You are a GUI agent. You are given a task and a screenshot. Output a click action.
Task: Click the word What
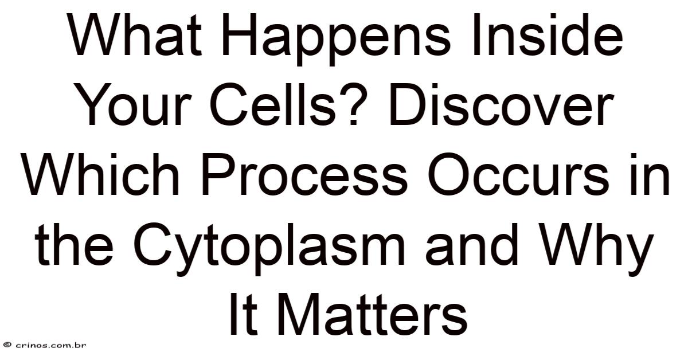coord(135,36)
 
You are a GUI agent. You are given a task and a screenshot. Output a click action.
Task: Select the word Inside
coord(548,36)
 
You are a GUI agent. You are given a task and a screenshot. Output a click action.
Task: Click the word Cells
coord(272,105)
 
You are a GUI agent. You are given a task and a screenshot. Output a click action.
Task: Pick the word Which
coord(101,174)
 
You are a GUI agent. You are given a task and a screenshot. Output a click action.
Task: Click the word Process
coord(304,174)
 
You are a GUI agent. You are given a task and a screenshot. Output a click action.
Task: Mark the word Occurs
coord(519,174)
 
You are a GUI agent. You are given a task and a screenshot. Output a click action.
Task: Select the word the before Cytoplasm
coord(74,244)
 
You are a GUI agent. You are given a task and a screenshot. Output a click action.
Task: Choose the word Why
coord(595,249)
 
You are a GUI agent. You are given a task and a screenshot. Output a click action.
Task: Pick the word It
coord(243,314)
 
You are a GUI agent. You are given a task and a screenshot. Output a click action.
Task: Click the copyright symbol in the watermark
coord(9,345)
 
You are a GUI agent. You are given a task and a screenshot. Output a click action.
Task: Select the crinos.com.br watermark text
coord(50,345)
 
